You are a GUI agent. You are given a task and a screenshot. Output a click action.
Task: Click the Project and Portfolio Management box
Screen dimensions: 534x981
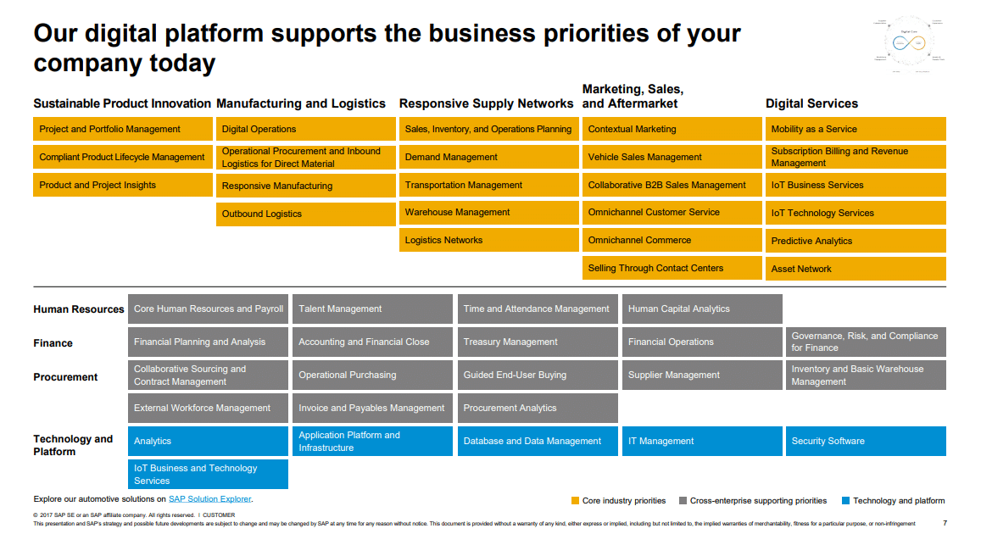[x=123, y=129]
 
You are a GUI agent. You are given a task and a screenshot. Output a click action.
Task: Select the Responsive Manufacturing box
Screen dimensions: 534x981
[x=305, y=186]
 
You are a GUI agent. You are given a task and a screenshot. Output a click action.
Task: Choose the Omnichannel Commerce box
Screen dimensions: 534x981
[x=672, y=240]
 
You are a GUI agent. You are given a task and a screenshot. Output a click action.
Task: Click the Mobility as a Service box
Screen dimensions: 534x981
[x=855, y=129]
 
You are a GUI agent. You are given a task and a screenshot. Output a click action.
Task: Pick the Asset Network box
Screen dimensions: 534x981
[x=855, y=269]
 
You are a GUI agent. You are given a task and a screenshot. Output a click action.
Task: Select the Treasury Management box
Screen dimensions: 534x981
[x=537, y=342]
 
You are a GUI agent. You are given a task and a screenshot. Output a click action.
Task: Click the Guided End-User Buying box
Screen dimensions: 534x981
[x=537, y=375]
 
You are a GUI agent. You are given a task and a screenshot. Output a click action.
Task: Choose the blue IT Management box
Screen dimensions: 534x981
[x=701, y=441]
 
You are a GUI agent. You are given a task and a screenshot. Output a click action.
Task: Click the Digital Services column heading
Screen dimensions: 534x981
[x=811, y=103]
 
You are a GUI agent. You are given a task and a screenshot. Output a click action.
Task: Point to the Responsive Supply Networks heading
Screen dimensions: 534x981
[x=486, y=103]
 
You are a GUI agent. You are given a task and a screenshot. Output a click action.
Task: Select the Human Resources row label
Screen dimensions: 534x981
[x=79, y=309]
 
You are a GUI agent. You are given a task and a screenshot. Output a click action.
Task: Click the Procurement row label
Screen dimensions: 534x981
[x=65, y=377]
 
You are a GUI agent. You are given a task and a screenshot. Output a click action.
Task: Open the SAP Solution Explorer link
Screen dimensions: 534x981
[x=209, y=499]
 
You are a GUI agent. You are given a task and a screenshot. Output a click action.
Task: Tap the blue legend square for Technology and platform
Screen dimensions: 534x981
[x=845, y=501]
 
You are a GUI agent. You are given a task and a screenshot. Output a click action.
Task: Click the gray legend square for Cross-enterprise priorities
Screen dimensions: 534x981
[x=683, y=501]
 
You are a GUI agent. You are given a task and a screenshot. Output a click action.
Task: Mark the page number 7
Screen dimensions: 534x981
[x=945, y=523]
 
